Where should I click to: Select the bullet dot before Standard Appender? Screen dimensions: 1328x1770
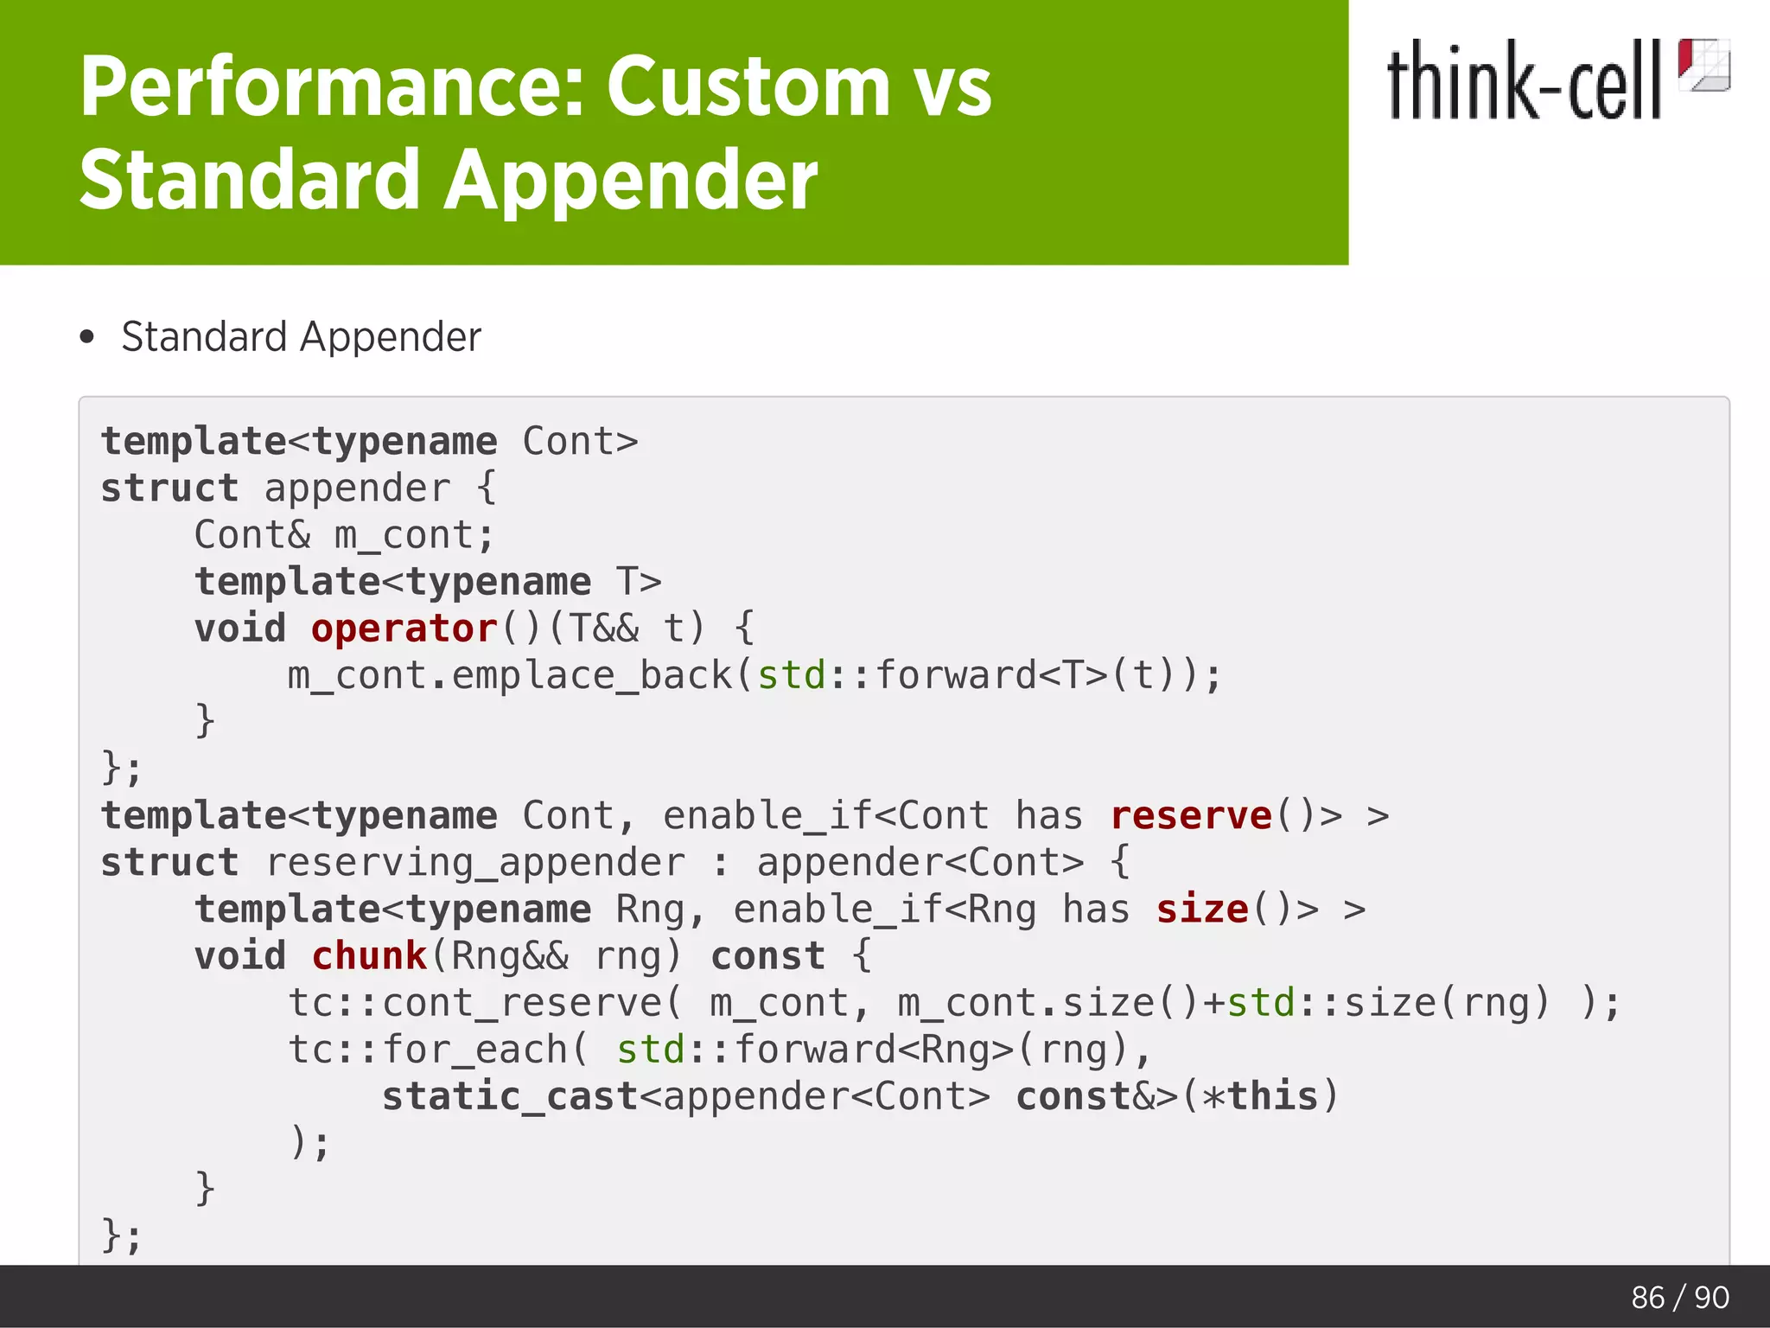(x=86, y=336)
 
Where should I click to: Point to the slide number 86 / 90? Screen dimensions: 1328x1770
(x=1679, y=1297)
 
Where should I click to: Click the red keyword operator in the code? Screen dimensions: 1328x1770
(x=404, y=629)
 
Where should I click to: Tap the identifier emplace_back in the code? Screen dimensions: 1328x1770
(x=592, y=675)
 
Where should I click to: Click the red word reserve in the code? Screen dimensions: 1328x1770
(x=1191, y=816)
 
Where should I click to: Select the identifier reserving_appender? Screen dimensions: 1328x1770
(x=474, y=863)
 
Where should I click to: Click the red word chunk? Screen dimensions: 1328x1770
(x=369, y=956)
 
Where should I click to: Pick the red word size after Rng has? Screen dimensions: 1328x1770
(x=1202, y=910)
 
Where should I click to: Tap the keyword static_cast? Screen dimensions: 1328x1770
(x=509, y=1096)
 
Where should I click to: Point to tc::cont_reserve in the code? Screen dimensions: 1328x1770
(x=474, y=1003)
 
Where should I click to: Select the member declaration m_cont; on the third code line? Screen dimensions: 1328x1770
(x=414, y=535)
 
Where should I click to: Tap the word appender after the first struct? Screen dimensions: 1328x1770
(x=357, y=488)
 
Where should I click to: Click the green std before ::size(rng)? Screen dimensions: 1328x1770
(x=1261, y=1003)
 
